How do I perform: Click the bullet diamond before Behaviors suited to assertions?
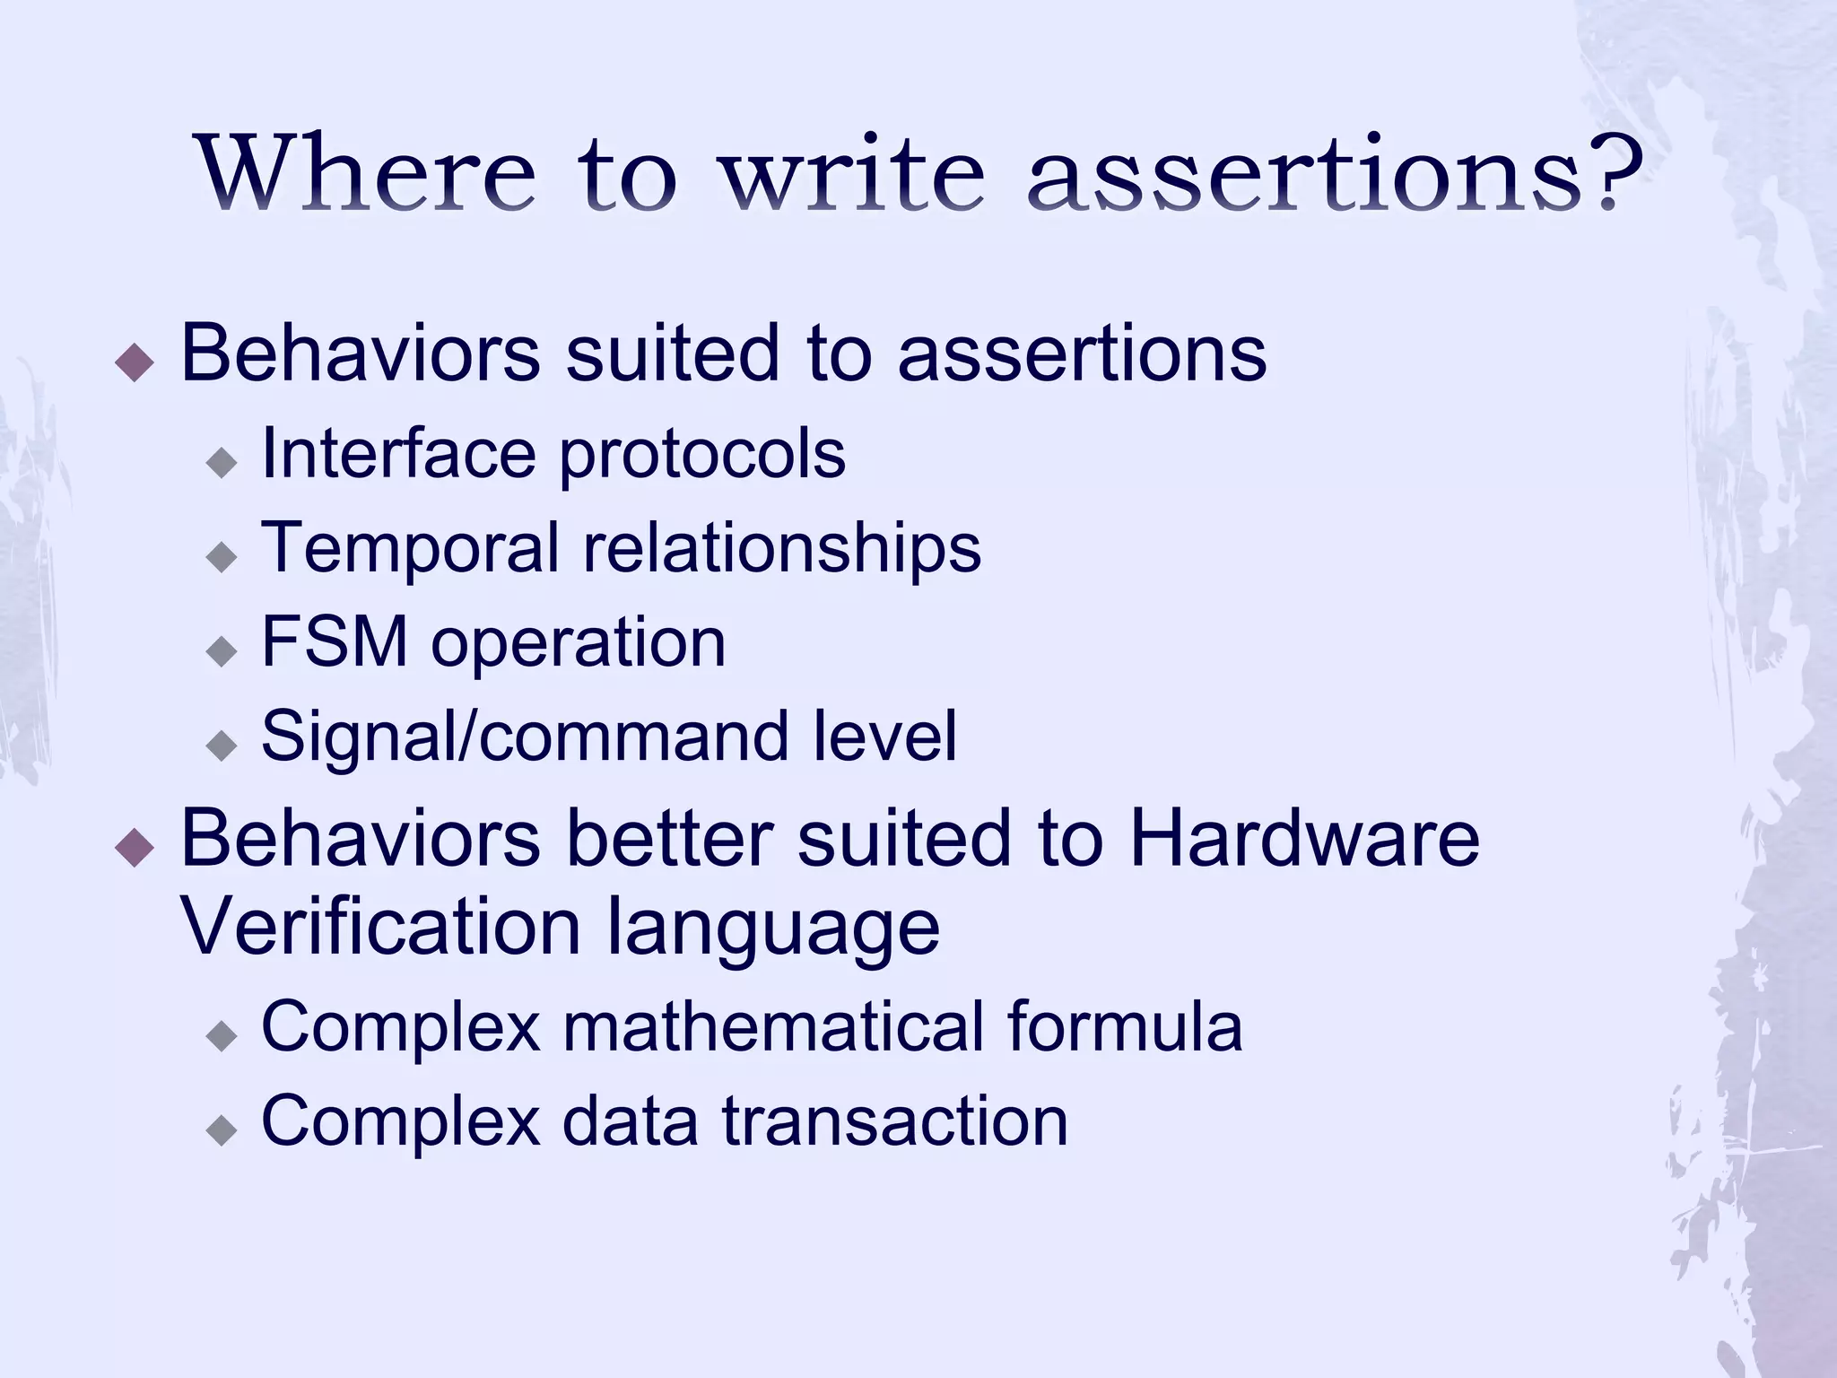(135, 362)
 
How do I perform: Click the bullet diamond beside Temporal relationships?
(221, 557)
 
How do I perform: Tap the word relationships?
(782, 548)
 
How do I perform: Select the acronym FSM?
(335, 642)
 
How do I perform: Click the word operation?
(579, 644)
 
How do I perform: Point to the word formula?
(1125, 1026)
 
